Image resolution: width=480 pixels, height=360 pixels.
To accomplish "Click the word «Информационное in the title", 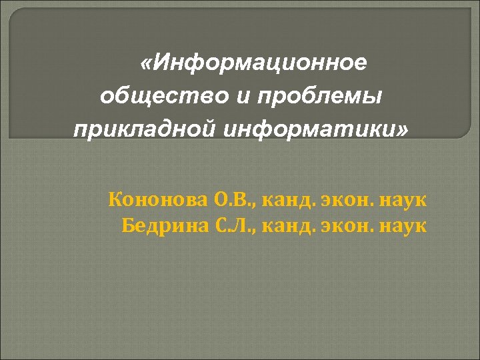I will (253, 63).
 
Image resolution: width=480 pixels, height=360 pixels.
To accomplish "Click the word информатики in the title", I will (303, 127).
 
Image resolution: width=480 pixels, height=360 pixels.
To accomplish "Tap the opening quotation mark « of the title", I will (145, 64).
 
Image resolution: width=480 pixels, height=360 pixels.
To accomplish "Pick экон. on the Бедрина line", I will (346, 225).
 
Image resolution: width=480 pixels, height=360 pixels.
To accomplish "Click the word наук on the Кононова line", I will (403, 199).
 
